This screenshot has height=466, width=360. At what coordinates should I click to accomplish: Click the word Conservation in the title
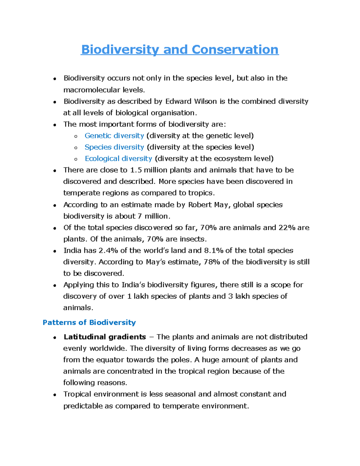click(x=235, y=50)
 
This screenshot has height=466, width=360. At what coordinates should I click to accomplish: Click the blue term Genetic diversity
click(x=114, y=136)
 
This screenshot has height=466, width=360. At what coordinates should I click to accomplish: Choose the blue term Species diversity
click(x=114, y=147)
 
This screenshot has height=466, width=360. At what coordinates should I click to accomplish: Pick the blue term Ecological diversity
click(x=118, y=158)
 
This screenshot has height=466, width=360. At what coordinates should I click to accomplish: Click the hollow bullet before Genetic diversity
click(x=76, y=136)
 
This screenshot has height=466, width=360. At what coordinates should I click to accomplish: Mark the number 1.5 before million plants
click(x=136, y=170)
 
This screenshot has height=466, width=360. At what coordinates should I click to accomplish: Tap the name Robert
click(x=199, y=205)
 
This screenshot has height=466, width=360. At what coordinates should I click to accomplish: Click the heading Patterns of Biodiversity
click(x=89, y=323)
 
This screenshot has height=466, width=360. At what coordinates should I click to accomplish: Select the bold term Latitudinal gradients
click(x=105, y=337)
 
